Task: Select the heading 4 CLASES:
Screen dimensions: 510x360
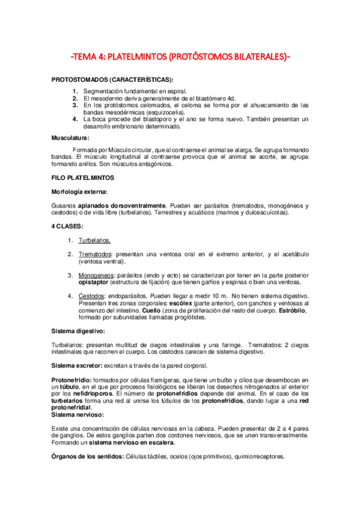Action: tap(68, 226)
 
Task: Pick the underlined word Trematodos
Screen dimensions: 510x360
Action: tap(96, 254)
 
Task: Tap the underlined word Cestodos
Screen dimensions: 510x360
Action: tap(92, 296)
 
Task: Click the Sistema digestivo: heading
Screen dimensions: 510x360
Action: tap(78, 331)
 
